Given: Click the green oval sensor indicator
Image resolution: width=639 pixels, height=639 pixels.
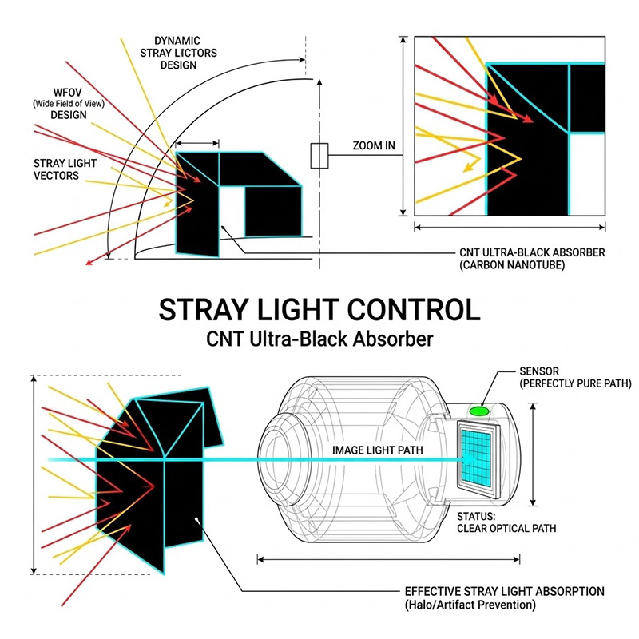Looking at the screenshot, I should coord(478,411).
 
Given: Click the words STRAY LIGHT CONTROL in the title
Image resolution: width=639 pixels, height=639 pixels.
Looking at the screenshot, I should coord(319,309).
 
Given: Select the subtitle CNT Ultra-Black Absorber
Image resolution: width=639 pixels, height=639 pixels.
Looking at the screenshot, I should coord(319,339).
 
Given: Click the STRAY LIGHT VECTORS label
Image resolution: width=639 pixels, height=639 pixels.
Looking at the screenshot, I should coord(65,169).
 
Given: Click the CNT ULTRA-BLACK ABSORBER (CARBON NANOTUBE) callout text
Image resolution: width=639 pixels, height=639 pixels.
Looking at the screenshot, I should coord(532,258).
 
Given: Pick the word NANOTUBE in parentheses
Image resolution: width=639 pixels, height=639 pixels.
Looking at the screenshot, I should coord(536,265).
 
